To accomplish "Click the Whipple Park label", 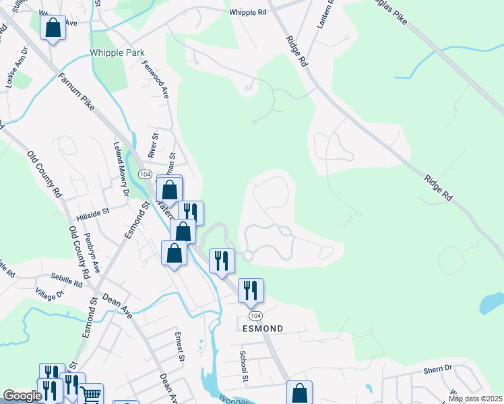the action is tap(117, 53).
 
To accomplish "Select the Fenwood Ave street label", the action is tap(155, 78).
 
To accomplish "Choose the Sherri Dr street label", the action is tap(438, 368).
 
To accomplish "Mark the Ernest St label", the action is tap(179, 346).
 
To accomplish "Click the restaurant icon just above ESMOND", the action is tap(251, 290).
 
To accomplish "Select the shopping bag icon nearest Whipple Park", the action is tap(53, 28).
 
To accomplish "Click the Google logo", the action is tap(22, 396).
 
